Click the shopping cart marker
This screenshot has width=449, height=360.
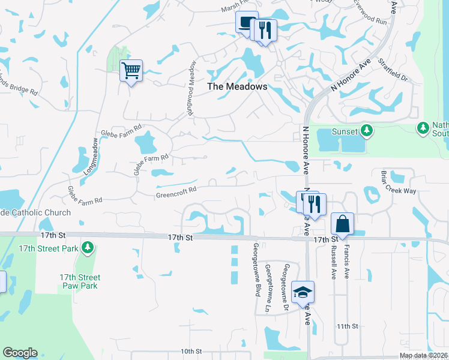(x=131, y=71)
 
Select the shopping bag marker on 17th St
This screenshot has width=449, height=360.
(x=342, y=224)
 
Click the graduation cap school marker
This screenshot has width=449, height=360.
(x=303, y=293)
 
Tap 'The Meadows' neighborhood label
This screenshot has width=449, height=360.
(x=237, y=86)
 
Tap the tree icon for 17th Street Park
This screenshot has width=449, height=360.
(x=88, y=247)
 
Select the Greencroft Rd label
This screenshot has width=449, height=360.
(x=176, y=192)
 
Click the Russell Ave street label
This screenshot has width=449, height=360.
(x=334, y=265)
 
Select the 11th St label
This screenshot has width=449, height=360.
(x=347, y=326)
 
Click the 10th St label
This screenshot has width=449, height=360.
(x=189, y=351)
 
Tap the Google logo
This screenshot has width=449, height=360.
(x=20, y=352)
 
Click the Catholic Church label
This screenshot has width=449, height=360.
(x=35, y=212)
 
